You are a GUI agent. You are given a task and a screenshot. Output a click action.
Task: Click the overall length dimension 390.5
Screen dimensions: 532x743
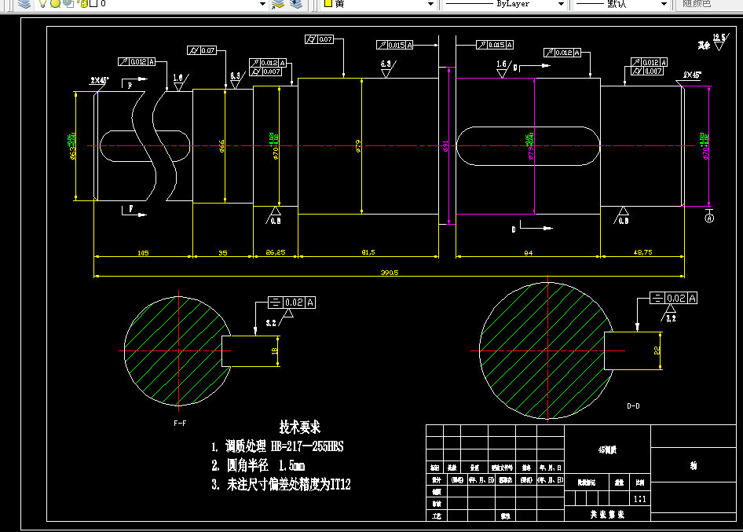(x=390, y=273)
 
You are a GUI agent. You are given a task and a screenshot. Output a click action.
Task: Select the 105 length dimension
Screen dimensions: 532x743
(x=143, y=253)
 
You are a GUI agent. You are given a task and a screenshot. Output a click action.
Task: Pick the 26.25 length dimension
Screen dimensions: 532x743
(x=275, y=253)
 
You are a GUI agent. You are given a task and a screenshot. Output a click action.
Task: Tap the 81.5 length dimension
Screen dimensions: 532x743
(x=368, y=253)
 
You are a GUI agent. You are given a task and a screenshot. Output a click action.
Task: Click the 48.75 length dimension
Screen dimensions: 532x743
(x=642, y=253)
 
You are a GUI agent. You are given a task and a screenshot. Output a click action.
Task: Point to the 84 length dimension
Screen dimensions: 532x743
(x=528, y=253)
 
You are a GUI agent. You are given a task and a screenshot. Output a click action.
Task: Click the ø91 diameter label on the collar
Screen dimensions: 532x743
(x=446, y=146)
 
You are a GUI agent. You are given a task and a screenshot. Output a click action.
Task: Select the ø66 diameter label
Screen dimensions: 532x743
(x=222, y=146)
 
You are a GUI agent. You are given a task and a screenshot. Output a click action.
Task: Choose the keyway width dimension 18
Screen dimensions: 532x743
(x=275, y=351)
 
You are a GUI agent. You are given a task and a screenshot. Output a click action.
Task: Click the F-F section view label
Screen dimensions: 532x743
(x=180, y=424)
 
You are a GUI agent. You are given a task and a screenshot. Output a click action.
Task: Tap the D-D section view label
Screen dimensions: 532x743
(x=633, y=406)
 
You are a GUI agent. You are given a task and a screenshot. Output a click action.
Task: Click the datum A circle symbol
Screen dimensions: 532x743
(x=709, y=218)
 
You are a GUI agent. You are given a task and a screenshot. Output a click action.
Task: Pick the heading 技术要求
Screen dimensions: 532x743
(x=300, y=427)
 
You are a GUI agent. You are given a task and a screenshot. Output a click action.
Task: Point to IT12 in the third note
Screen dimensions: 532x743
(x=339, y=485)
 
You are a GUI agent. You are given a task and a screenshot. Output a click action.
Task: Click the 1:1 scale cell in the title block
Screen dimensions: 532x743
(x=640, y=498)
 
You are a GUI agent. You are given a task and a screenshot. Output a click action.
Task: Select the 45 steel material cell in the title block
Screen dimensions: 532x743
(x=607, y=450)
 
